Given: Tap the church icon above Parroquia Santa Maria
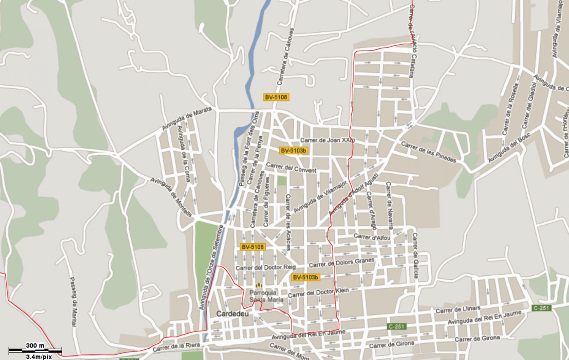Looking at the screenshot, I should point(259,285).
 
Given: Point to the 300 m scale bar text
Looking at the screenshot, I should point(35,345).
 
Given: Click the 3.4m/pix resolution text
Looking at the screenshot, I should point(39,356).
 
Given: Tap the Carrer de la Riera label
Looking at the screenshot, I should point(176,347).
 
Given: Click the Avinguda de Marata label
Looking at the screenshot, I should point(187,118).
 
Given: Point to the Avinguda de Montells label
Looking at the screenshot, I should point(171,197).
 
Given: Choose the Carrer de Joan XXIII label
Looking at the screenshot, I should point(327,140).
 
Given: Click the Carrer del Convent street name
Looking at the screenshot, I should point(291,168).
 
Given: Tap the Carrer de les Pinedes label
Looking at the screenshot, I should point(429,152).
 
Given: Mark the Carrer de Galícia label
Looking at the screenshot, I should point(415,255).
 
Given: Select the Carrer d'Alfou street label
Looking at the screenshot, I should point(372,237).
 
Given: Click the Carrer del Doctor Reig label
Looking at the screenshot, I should point(265,268).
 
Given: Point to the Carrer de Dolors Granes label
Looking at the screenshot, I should point(341,263).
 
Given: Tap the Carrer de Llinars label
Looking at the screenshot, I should point(458,309).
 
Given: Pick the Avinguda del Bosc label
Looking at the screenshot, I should point(509,148).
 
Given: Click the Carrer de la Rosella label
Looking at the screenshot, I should point(510,109).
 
